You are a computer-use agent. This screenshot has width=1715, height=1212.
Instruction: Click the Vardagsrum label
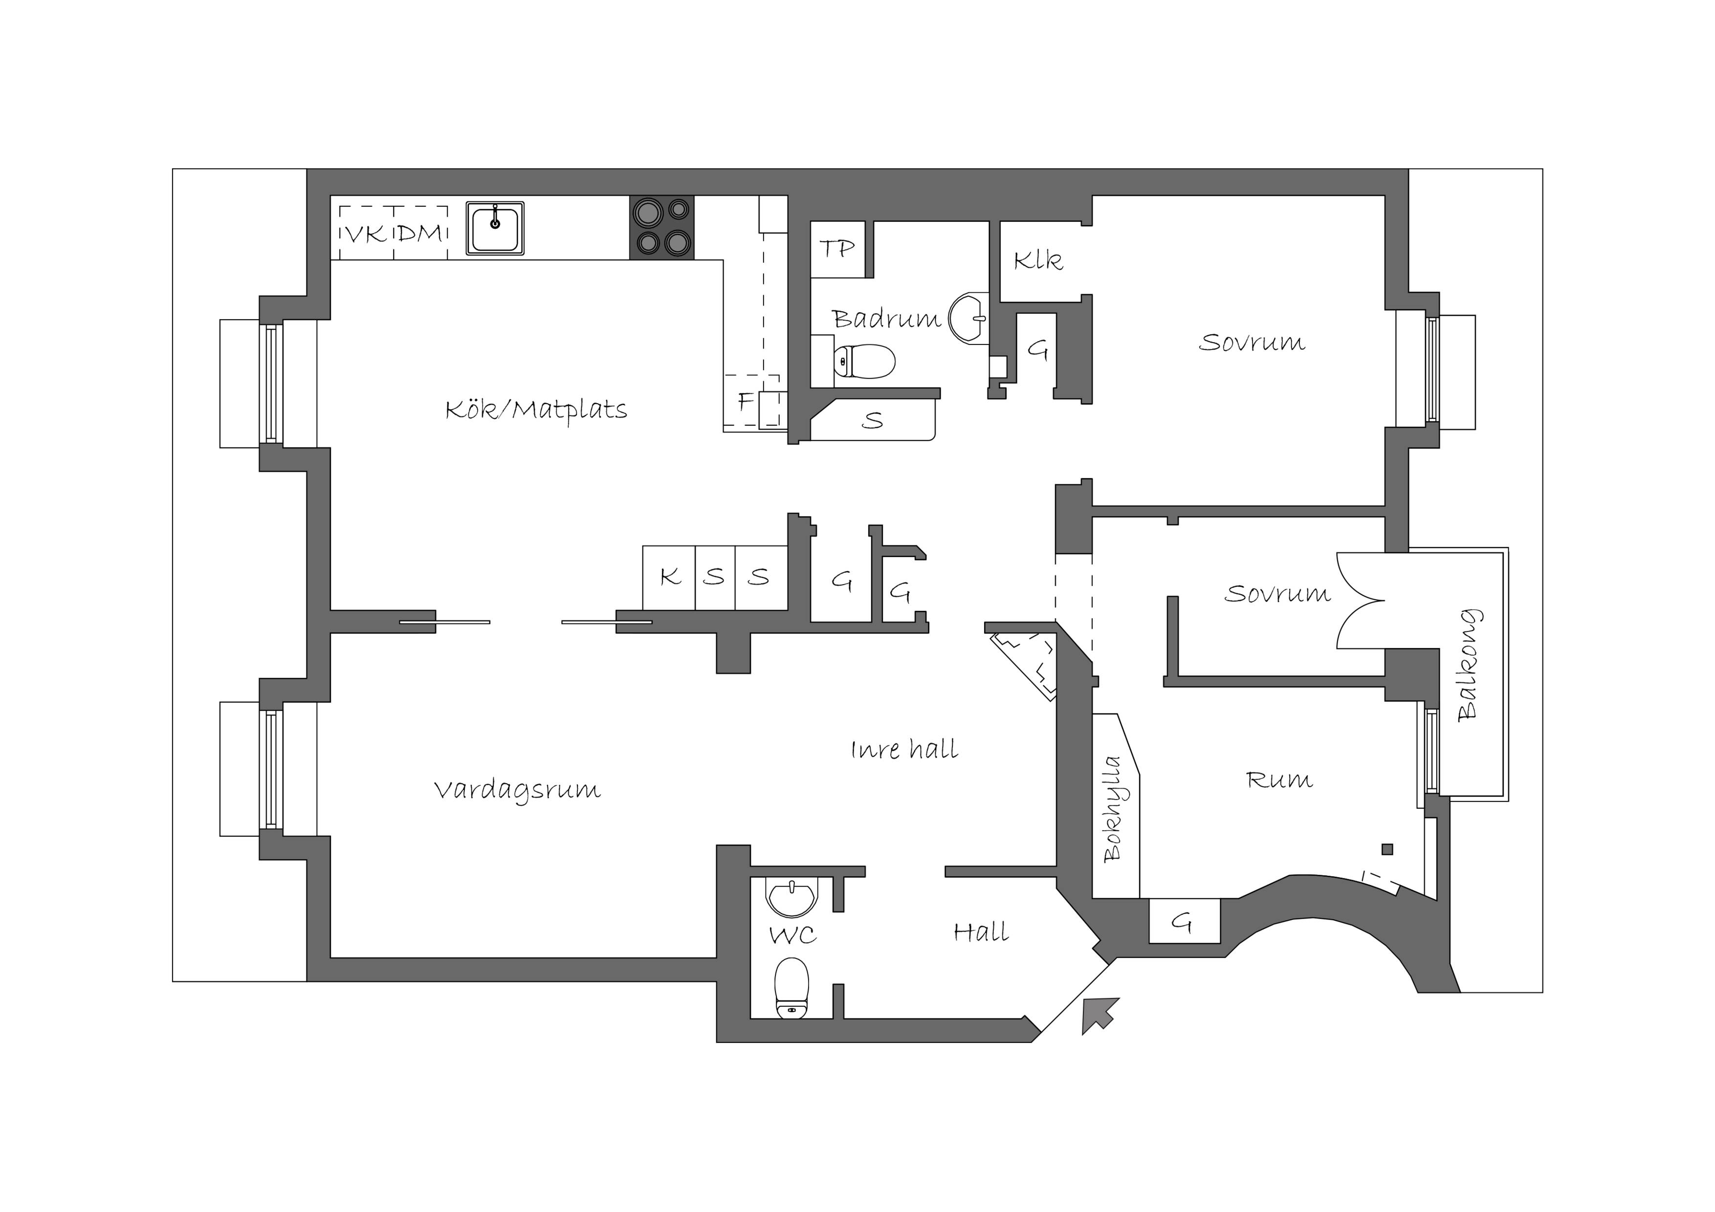click(517, 791)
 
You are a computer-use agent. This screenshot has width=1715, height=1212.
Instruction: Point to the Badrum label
click(887, 319)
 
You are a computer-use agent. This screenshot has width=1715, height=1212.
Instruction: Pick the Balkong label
click(1469, 665)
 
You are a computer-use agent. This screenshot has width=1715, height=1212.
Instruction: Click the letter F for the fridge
click(746, 401)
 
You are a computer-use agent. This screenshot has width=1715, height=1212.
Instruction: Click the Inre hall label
click(904, 749)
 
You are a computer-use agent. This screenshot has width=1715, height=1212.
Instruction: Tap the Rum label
click(1279, 780)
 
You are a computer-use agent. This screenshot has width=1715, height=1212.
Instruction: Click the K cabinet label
click(670, 577)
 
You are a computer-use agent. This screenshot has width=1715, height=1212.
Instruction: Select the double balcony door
click(1360, 601)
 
